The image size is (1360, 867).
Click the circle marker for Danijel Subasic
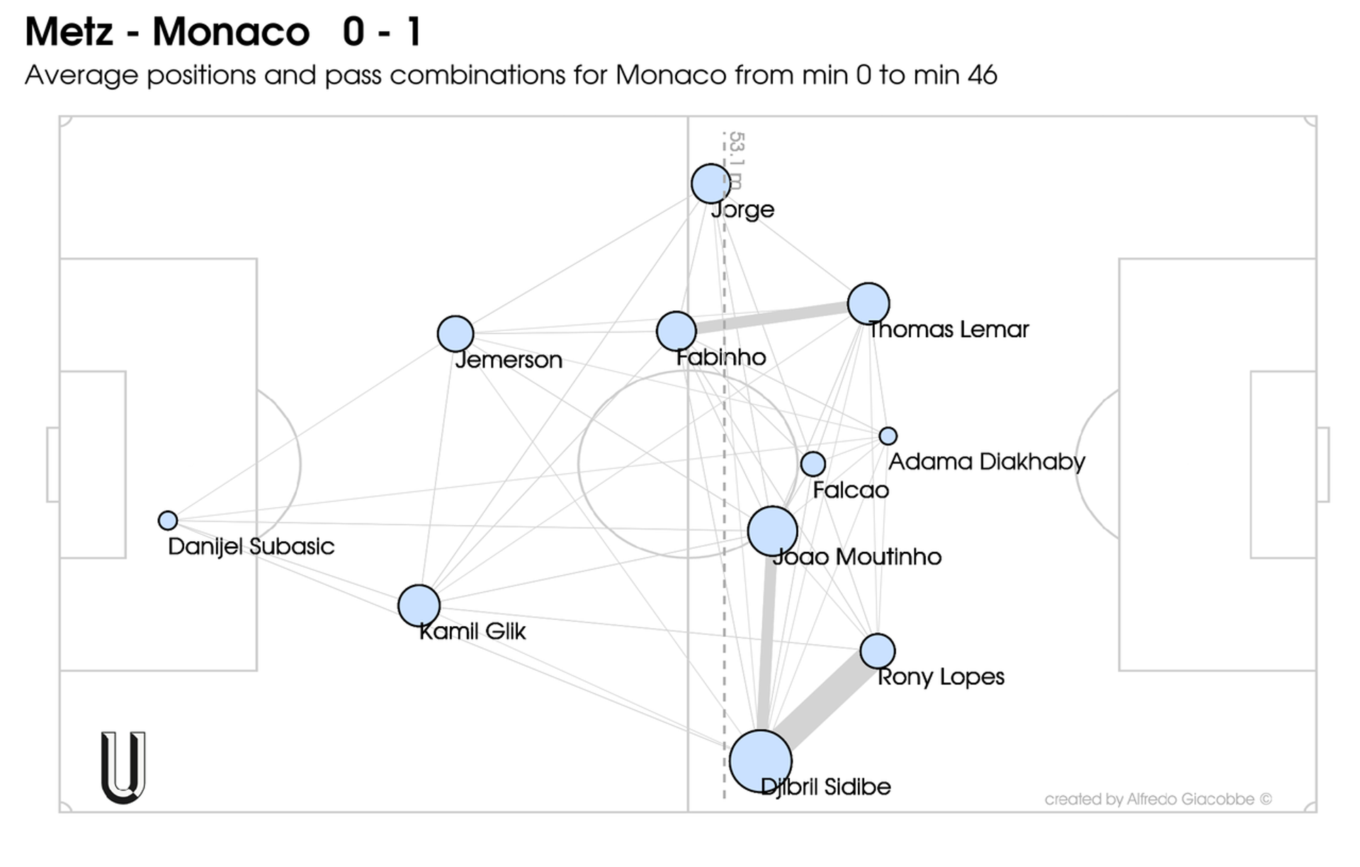tap(167, 521)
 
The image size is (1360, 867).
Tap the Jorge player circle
tap(710, 183)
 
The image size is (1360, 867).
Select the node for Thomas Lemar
tap(868, 303)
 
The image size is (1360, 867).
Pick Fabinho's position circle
tap(676, 331)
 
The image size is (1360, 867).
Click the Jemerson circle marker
tap(455, 334)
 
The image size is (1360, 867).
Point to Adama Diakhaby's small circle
tap(888, 436)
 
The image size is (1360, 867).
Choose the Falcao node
tap(812, 464)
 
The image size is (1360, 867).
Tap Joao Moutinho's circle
tap(773, 531)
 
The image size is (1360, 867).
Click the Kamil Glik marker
tap(419, 606)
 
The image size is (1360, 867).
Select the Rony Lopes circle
tap(878, 651)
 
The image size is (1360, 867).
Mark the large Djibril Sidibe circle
tap(761, 761)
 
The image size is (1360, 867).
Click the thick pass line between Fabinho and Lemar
tap(772, 317)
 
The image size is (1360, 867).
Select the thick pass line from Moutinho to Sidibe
tap(766, 645)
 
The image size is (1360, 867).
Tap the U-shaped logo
tap(123, 768)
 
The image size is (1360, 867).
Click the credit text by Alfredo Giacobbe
tap(1157, 799)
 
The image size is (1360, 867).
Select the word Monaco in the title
tap(231, 32)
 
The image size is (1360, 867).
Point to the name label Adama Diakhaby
tap(986, 462)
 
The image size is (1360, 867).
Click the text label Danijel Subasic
tap(251, 546)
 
